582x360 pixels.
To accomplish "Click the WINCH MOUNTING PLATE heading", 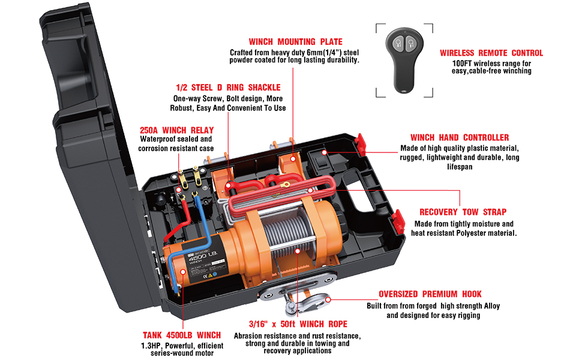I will pos(295,42).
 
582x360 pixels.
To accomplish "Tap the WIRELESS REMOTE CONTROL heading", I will pos(491,53).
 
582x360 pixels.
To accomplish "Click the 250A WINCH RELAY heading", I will pos(176,130).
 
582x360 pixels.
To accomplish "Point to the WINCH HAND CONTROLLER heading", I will pos(460,137).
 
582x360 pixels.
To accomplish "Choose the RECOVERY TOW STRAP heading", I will pos(463,212).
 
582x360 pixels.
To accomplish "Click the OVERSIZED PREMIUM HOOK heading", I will pos(430,295).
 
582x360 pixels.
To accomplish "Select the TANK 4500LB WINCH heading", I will pos(182,335).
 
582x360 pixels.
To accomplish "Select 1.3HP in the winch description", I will pos(151,346).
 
